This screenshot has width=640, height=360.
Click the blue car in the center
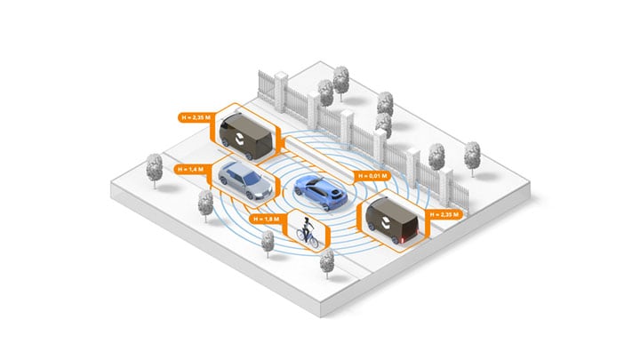[x=319, y=190]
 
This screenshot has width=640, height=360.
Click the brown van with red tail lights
[x=391, y=219]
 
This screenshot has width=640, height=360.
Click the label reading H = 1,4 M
[x=192, y=168]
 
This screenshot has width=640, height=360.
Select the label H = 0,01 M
[x=372, y=176]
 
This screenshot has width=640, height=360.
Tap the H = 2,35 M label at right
[x=447, y=214]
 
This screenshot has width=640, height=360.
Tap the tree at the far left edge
[x=154, y=168]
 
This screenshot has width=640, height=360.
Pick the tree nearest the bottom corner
[x=327, y=261]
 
